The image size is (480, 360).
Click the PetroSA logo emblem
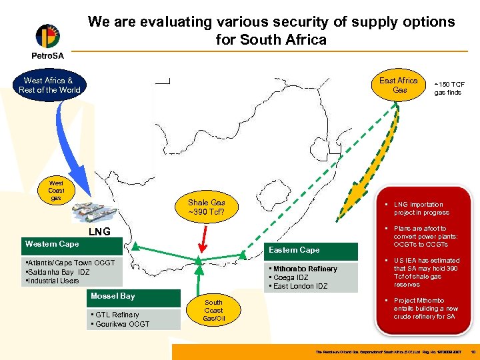[47, 38]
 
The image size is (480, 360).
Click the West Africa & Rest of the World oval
[50, 85]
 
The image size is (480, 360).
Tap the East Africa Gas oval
[399, 85]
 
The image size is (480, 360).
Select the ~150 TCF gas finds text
[449, 89]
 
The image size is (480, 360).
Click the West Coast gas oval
[57, 191]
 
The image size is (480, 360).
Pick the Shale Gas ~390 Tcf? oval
[206, 207]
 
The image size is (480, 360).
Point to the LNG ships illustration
[93, 213]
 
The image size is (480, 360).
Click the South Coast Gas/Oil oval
[214, 310]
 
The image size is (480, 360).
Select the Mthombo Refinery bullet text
[304, 269]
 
